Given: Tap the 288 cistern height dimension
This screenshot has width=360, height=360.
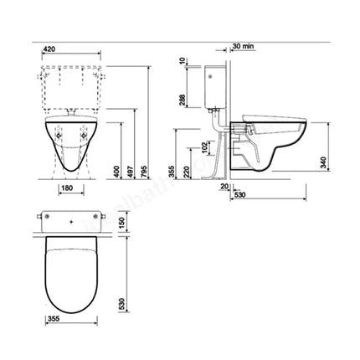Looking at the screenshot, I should coord(182,100).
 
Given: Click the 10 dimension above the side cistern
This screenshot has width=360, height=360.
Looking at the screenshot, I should coord(182,63).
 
